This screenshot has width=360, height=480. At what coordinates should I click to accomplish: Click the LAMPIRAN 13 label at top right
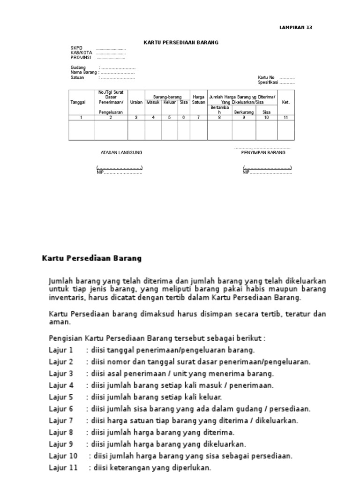pos(295,28)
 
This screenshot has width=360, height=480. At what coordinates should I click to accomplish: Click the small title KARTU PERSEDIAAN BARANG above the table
pos(181,43)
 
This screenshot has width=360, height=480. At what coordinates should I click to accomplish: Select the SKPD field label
pos(76,48)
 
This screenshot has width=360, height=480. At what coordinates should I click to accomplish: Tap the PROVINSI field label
pos(80,58)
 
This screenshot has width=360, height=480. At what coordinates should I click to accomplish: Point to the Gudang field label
pos(78,68)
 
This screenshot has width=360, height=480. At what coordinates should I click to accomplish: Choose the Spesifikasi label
pos(268,82)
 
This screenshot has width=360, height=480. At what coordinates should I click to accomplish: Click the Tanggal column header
pos(78,102)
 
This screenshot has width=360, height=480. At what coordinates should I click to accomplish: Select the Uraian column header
pos(136,102)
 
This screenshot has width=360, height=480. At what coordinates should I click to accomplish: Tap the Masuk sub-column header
pos(153,102)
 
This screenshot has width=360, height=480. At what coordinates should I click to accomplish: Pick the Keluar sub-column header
pos(170,102)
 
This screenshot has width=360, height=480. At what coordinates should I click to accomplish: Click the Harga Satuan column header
pos(198,100)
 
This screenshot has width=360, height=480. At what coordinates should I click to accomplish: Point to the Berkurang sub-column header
pos(243,112)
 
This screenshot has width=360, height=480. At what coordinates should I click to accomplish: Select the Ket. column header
pos(286,102)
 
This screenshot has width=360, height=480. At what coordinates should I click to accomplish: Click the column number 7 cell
pos(198,118)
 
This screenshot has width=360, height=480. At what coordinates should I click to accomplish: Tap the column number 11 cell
pos(286,118)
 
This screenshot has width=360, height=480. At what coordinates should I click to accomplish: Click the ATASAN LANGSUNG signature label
pos(121,153)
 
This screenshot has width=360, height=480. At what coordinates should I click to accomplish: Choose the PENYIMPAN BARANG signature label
pos(263,153)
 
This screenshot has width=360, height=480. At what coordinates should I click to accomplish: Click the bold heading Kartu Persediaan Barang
pos(91,258)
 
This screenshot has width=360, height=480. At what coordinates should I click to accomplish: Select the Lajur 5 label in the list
pos(61,397)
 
